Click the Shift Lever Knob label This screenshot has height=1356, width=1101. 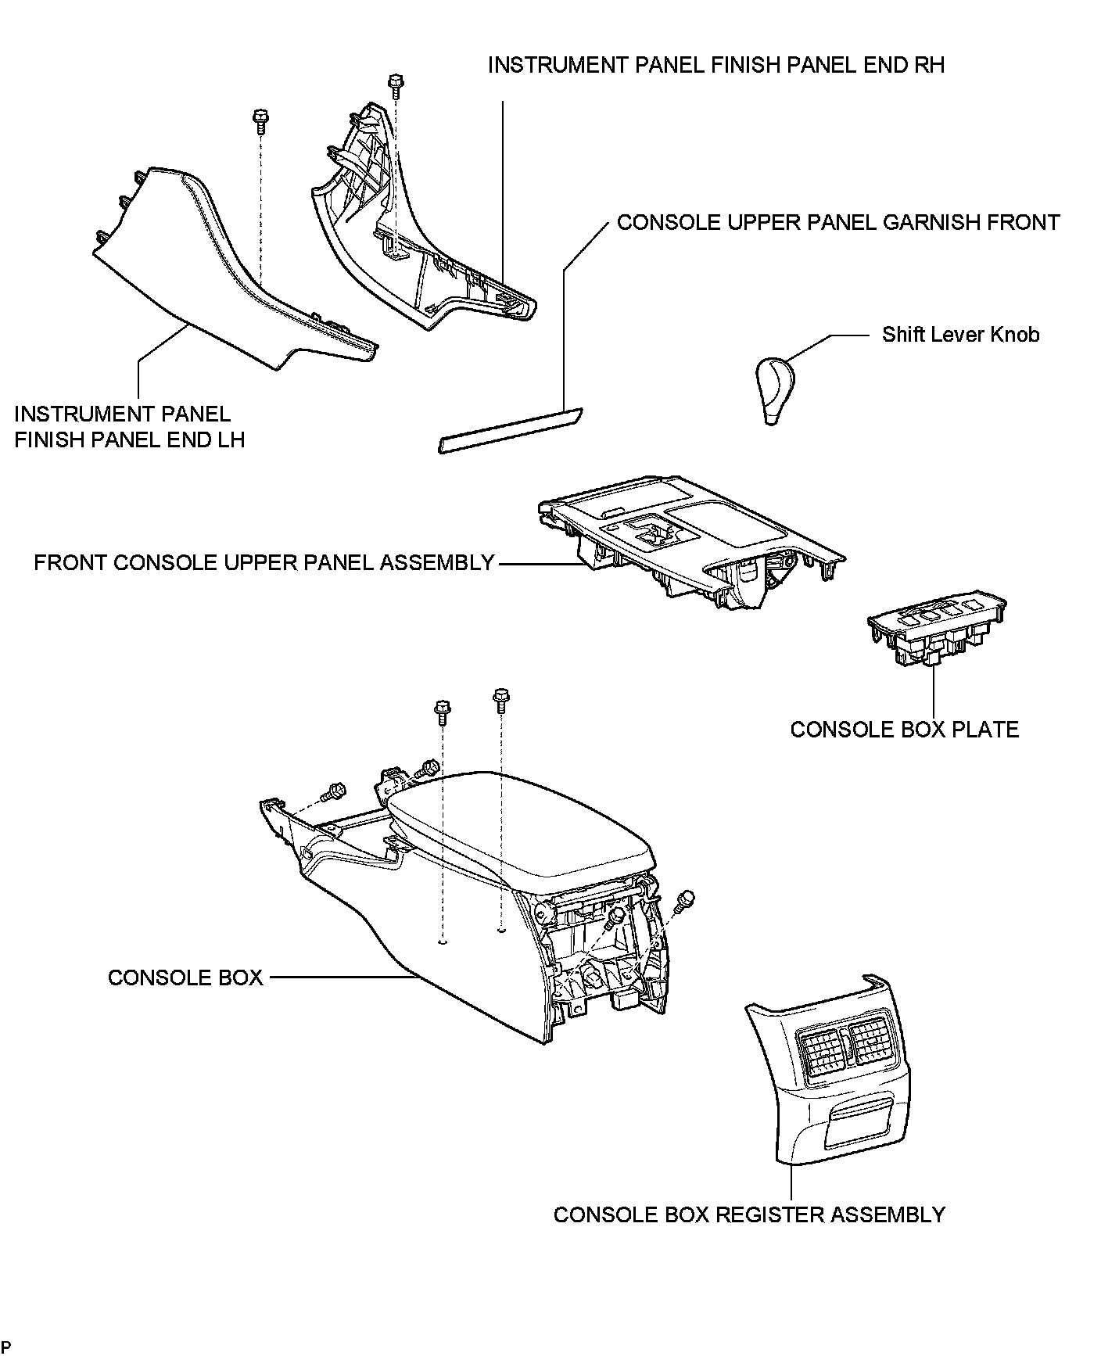point(960,335)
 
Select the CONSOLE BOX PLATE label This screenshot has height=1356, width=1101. point(904,730)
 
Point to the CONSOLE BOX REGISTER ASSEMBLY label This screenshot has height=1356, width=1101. point(749,1214)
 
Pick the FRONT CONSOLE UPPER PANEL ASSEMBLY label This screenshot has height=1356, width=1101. point(264,562)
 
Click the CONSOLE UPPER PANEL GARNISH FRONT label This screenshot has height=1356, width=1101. point(838,222)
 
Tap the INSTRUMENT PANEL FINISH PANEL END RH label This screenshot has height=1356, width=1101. point(715,65)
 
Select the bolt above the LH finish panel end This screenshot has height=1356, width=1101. point(260,120)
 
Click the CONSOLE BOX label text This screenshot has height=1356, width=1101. point(185,978)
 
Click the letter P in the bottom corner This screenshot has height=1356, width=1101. point(6,1345)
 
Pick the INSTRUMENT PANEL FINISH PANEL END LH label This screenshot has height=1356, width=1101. point(130,426)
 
